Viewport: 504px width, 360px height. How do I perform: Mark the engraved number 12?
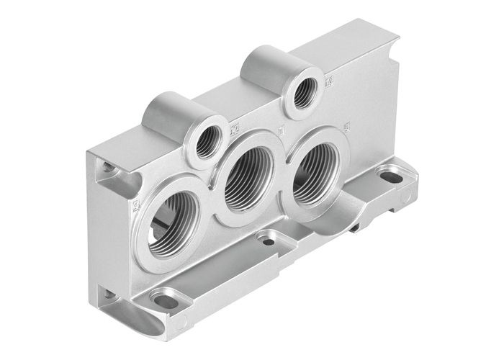[x=234, y=130]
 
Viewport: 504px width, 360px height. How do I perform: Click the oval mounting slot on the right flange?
[x=393, y=175]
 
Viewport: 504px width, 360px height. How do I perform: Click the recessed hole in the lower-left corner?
[x=106, y=294]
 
